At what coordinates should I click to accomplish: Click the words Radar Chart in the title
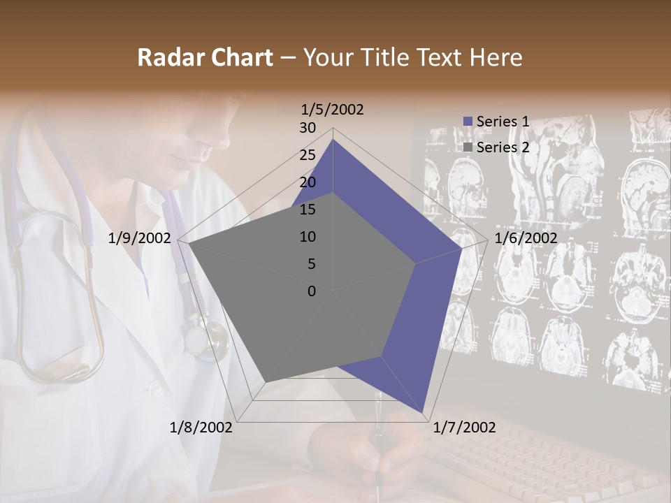click(205, 57)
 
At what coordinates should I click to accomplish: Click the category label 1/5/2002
click(333, 110)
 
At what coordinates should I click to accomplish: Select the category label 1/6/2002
click(526, 238)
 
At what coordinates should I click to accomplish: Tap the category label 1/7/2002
click(465, 428)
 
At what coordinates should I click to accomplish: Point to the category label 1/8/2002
click(201, 428)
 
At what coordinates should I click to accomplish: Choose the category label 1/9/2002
click(140, 238)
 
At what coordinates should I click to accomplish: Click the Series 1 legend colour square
click(468, 122)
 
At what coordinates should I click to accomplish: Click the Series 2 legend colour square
click(468, 147)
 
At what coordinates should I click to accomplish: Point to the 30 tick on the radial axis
click(308, 128)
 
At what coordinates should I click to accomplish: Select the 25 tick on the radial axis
click(308, 155)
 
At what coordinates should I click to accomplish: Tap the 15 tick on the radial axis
click(308, 210)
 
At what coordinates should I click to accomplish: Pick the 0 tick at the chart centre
click(312, 291)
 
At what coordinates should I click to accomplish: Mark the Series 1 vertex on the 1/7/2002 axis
click(423, 413)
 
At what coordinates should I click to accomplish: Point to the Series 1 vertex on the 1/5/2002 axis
click(333, 140)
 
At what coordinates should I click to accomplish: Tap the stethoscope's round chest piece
click(207, 341)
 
